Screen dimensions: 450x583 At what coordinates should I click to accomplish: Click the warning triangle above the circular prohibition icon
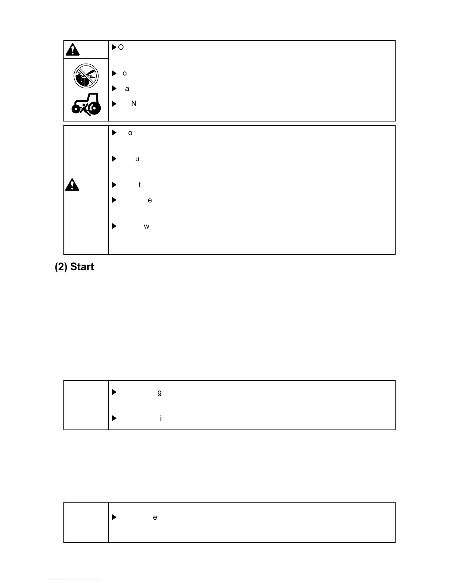(x=73, y=49)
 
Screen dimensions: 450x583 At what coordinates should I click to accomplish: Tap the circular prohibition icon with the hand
(x=86, y=76)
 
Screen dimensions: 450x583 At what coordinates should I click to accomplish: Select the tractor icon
(x=86, y=104)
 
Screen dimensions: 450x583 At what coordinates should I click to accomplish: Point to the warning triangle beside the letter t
(x=72, y=185)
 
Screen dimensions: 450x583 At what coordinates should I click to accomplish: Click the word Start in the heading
(x=82, y=267)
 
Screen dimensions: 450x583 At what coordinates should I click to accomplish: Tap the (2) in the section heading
(x=61, y=267)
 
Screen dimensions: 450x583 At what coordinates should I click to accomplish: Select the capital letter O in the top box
(x=121, y=47)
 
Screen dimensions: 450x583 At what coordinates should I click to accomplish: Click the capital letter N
(x=134, y=104)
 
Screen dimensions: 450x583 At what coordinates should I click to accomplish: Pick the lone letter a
(x=127, y=89)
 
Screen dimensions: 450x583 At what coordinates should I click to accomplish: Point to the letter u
(x=137, y=159)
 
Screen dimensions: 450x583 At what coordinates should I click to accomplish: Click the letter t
(x=139, y=185)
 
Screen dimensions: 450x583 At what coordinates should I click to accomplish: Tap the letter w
(x=146, y=226)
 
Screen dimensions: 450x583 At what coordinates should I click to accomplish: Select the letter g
(x=159, y=393)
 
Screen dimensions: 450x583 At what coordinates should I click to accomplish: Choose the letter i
(x=161, y=418)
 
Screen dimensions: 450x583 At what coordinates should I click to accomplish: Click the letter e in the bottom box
(x=155, y=517)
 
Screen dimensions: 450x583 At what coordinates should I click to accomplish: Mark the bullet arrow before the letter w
(x=114, y=226)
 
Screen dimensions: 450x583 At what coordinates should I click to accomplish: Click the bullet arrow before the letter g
(x=114, y=392)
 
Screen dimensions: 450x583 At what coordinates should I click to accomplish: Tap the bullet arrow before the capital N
(x=114, y=104)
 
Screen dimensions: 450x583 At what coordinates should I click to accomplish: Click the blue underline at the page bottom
(x=73, y=580)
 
